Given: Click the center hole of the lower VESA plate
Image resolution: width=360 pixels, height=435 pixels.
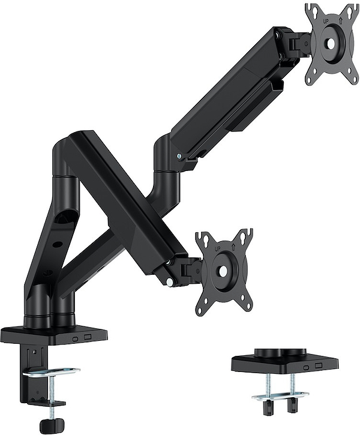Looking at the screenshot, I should coord(223,271).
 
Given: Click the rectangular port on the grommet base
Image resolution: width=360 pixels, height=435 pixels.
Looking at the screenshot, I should coord(319,365).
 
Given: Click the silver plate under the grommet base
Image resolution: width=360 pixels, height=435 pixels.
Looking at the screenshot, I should coord(280,397).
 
